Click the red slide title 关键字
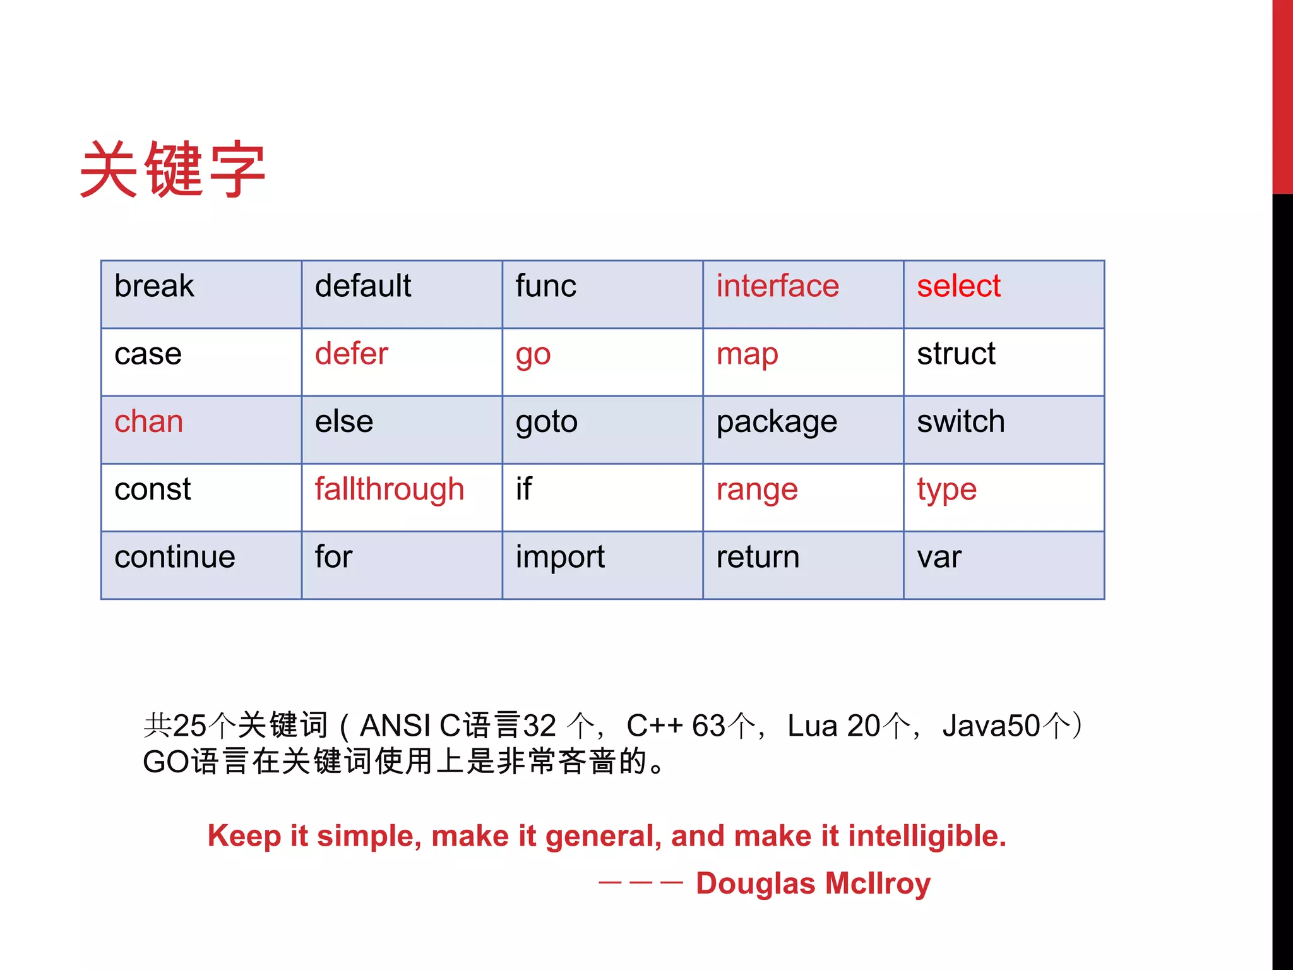click(172, 169)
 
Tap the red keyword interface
click(777, 286)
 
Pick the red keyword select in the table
click(958, 286)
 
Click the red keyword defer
click(351, 354)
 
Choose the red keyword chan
click(149, 421)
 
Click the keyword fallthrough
click(390, 489)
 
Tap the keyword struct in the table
click(956, 354)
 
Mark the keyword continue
click(175, 557)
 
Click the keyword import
click(560, 557)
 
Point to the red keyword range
click(757, 490)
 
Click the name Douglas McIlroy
click(813, 883)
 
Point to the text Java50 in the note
click(991, 726)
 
